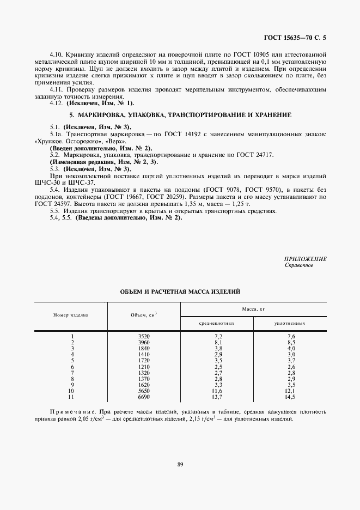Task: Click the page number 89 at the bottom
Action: point(179,464)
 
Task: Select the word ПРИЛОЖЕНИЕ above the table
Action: point(306,259)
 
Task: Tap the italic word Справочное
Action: point(299,265)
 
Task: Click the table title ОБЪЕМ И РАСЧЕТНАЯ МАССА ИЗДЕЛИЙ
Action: point(180,293)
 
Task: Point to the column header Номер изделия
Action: point(71,315)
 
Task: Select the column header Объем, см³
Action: point(144,315)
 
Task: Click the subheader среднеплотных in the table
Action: point(217,323)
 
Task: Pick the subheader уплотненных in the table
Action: point(290,323)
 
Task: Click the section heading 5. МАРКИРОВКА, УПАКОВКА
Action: point(180,116)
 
